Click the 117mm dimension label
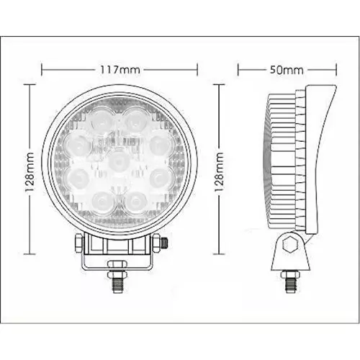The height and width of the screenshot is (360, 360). [x=120, y=70]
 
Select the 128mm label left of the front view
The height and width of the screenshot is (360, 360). [x=30, y=168]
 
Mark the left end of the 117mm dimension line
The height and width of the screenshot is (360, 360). [x=42, y=70]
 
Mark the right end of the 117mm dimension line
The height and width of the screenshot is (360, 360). [x=197, y=70]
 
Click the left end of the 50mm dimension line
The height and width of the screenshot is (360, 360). [x=238, y=70]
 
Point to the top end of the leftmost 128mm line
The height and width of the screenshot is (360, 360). [x=30, y=84]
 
